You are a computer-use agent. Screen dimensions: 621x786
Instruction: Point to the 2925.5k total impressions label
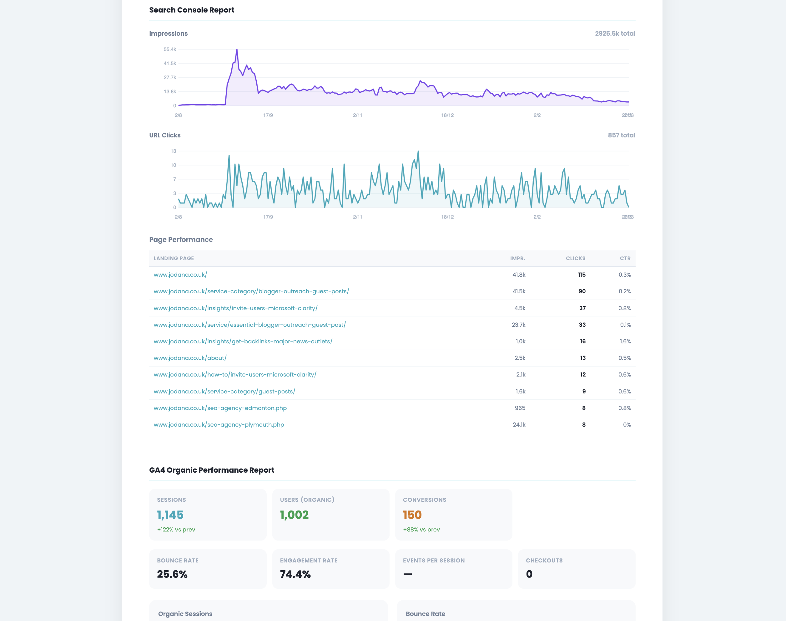[615, 33]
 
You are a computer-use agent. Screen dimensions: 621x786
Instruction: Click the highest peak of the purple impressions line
[237, 50]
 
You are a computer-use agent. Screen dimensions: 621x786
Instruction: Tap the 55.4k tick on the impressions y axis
[170, 49]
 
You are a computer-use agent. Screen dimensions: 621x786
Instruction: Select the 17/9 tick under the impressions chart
[268, 115]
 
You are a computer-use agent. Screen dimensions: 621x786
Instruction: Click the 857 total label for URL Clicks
[621, 135]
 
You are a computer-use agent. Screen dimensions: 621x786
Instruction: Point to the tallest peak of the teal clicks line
[418, 151]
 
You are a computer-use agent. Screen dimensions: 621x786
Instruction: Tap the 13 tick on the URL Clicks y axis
[173, 151]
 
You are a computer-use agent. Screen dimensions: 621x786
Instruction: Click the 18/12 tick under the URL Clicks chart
[447, 217]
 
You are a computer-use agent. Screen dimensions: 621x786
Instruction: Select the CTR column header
[625, 259]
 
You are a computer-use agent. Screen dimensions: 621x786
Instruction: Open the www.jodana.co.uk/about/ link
[190, 358]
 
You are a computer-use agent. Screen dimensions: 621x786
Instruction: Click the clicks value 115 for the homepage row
[582, 275]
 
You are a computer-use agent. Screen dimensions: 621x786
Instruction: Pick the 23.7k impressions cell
[518, 325]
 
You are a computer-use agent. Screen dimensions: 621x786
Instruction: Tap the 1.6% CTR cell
[624, 341]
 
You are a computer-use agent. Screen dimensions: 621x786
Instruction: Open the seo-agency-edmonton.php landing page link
[220, 408]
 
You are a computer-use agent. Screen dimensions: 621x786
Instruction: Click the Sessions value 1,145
[170, 515]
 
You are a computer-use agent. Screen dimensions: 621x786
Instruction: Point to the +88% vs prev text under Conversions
[421, 529]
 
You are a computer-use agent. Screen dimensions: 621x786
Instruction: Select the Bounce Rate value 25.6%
[172, 574]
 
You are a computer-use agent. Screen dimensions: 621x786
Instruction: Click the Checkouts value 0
[529, 574]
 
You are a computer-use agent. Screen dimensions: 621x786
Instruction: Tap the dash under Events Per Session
[407, 574]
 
